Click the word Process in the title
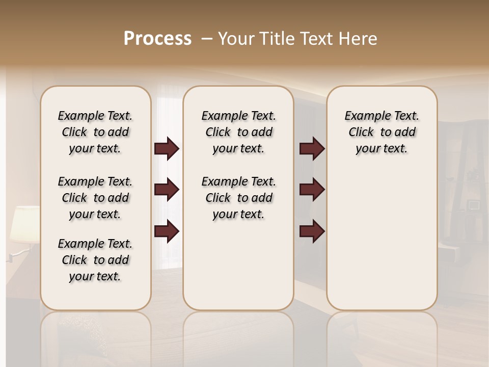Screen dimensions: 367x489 (157, 39)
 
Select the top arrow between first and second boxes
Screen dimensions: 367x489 (167, 149)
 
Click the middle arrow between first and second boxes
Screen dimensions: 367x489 (167, 190)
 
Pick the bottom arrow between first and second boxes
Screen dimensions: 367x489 (167, 231)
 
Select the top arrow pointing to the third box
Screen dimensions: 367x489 (312, 149)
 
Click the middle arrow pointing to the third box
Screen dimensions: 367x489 (312, 190)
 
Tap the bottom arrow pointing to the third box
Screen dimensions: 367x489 (312, 231)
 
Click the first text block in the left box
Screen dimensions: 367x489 (95, 132)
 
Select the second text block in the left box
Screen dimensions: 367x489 (95, 198)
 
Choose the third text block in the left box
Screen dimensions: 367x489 (95, 260)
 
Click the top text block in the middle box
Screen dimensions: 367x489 (238, 132)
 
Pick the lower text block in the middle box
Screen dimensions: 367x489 (238, 198)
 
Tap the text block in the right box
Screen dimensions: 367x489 (382, 132)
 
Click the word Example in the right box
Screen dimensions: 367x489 (364, 116)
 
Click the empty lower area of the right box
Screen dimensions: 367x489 (382, 245)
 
